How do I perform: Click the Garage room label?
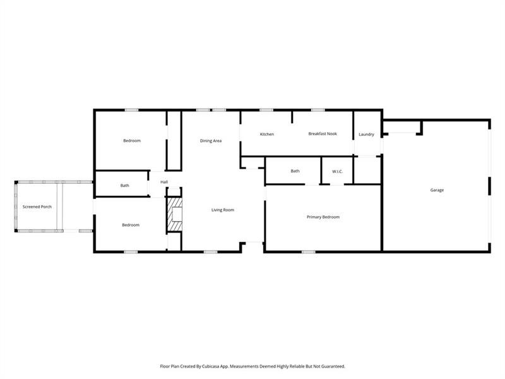click(437, 190)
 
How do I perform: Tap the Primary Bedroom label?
click(323, 217)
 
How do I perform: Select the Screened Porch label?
click(37, 207)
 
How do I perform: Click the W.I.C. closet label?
click(337, 171)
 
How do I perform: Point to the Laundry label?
click(367, 135)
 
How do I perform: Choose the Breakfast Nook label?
click(323, 134)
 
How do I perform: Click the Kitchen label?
click(267, 134)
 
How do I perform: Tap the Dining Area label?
click(211, 141)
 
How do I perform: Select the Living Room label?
click(223, 210)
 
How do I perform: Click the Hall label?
click(164, 182)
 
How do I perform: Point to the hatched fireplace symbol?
click(174, 214)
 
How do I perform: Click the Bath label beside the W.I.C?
click(295, 171)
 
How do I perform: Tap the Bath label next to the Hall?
click(124, 186)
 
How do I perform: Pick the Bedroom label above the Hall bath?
click(132, 141)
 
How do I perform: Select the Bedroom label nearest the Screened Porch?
click(131, 225)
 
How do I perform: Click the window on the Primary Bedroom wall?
click(308, 252)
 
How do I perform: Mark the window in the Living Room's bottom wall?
click(210, 252)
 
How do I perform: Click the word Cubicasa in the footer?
click(211, 366)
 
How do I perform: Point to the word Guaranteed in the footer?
click(332, 366)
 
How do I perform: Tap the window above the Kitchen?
click(266, 110)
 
